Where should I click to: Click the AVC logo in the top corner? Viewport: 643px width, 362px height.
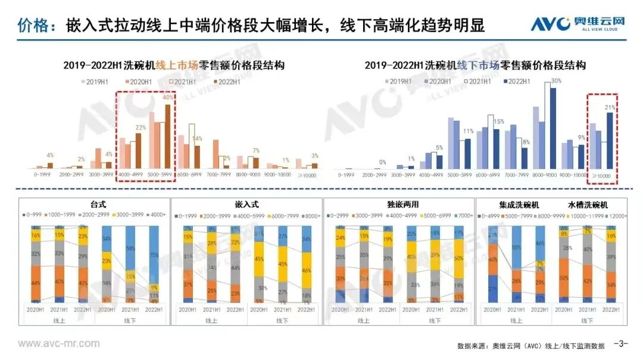coord(578,24)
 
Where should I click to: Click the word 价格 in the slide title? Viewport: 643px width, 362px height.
coord(30,26)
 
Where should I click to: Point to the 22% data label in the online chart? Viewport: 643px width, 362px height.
coord(141,127)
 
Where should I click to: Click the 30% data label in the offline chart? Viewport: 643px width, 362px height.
coord(556,81)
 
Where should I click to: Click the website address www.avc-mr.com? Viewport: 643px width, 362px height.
coord(59,344)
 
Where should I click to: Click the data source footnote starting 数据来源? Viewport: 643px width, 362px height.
coord(530,346)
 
